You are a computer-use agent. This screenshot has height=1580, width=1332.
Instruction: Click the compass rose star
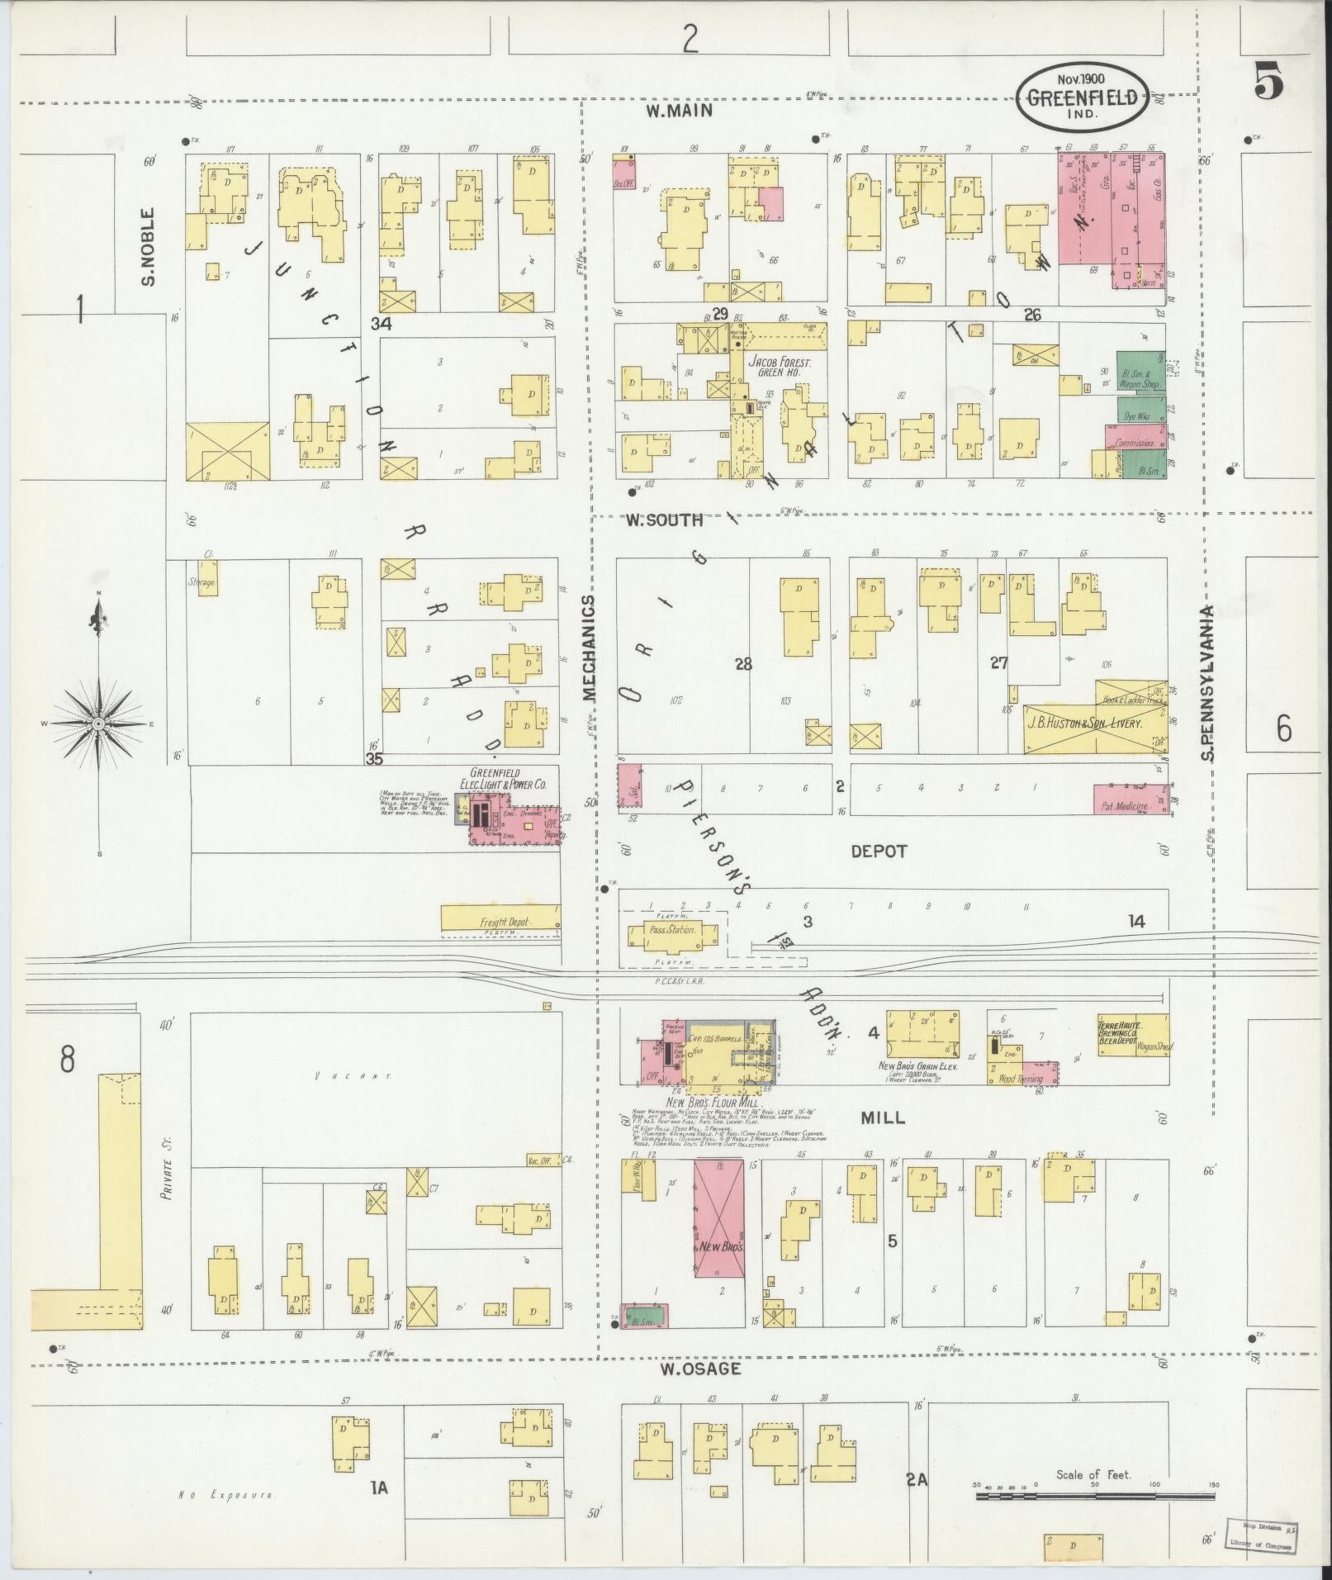click(x=98, y=724)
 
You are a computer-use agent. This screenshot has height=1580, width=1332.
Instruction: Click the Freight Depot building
click(x=500, y=921)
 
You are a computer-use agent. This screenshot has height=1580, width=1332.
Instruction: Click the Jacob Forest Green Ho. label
click(x=780, y=367)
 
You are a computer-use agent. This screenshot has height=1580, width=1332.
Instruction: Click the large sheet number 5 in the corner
click(x=1268, y=82)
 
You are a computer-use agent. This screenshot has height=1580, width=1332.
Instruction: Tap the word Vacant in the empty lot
click(x=353, y=1077)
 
